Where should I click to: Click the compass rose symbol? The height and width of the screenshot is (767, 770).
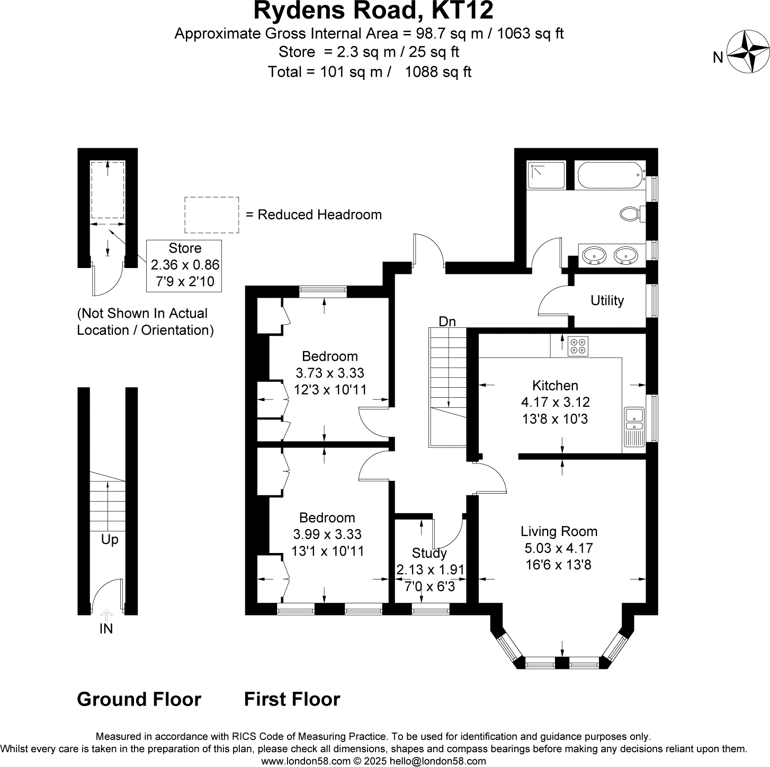[748, 51]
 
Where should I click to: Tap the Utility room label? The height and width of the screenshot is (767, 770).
[607, 300]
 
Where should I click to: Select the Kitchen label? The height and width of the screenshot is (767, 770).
[555, 385]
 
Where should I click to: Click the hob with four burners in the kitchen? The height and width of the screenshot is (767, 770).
[578, 346]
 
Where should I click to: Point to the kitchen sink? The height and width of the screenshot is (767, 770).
[634, 427]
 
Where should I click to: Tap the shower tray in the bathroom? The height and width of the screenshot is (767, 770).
[546, 175]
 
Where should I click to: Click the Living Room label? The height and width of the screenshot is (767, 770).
[559, 531]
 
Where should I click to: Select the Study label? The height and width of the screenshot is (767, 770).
[429, 553]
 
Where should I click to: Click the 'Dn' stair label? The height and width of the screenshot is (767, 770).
[447, 322]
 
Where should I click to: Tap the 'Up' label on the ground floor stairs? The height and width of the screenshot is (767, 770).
[110, 540]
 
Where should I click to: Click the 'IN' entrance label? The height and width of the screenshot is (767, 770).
[106, 629]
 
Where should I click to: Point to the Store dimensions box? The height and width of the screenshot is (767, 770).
[184, 266]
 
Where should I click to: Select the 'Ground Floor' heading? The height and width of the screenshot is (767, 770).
[139, 699]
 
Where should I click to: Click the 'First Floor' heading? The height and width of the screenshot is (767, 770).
[292, 699]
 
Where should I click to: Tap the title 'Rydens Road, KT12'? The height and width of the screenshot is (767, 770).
[373, 11]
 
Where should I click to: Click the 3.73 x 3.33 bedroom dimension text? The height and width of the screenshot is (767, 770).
[329, 373]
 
